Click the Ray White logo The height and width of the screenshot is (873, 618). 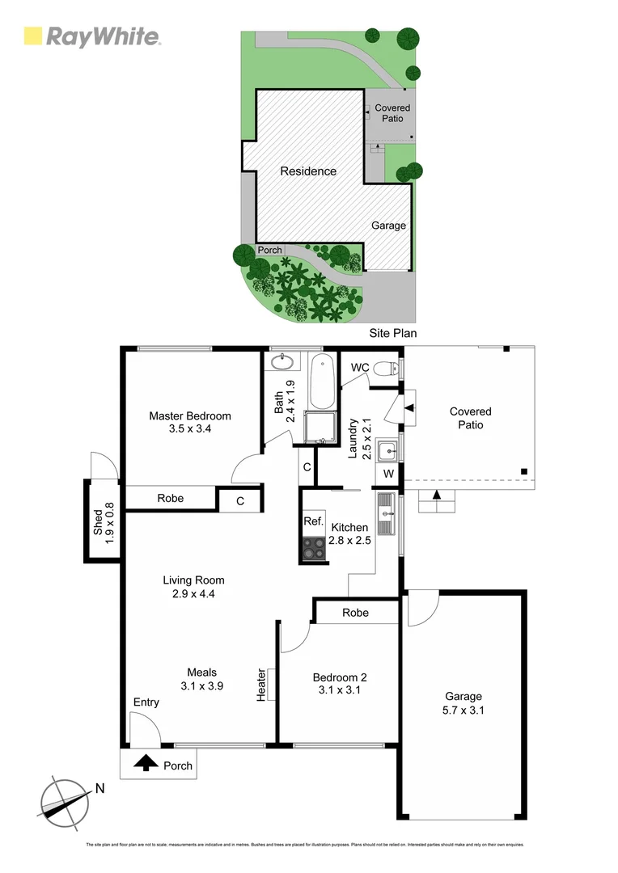[92, 36]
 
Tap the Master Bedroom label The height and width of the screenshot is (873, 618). [189, 416]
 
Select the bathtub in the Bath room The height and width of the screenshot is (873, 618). [321, 382]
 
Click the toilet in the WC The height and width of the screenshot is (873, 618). [387, 369]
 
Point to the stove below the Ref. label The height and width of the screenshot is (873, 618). [313, 550]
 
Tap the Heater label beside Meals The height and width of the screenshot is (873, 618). [261, 685]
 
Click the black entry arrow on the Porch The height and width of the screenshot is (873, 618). [146, 762]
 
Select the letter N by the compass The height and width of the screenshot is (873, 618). [99, 789]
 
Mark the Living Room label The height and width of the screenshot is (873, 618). [193, 580]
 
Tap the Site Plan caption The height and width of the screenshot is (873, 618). [392, 332]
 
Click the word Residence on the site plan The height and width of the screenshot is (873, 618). [308, 171]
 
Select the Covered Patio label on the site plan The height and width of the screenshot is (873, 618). [392, 113]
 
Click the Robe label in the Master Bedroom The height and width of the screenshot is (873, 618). [170, 498]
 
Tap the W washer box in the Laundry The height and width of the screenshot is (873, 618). [388, 473]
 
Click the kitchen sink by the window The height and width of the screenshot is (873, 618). [386, 514]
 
